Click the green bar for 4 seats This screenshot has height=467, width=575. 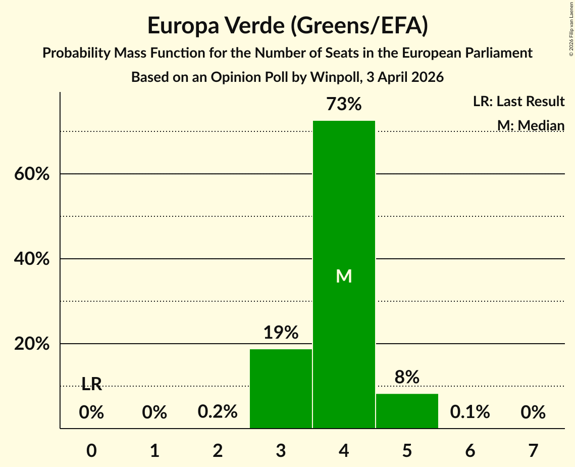[344, 274]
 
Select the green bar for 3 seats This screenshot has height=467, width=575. [281, 389]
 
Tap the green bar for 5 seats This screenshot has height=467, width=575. [407, 411]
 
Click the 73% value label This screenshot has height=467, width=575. [344, 104]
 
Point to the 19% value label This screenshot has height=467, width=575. [281, 332]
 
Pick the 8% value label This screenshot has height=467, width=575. [407, 377]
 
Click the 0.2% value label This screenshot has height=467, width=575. [218, 411]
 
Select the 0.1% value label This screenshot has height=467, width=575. [470, 411]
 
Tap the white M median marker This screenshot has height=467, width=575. [344, 276]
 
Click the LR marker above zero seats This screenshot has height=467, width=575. [91, 384]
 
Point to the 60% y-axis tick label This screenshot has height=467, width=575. [32, 174]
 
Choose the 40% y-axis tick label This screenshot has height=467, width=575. [32, 259]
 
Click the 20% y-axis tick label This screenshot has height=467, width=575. [32, 344]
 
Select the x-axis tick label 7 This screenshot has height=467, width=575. [533, 450]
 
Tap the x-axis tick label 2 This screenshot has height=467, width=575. [218, 450]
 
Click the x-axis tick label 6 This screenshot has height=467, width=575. [470, 450]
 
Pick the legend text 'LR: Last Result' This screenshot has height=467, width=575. [519, 101]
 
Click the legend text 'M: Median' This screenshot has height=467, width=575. [531, 125]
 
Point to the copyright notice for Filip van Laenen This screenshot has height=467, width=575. [571, 29]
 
